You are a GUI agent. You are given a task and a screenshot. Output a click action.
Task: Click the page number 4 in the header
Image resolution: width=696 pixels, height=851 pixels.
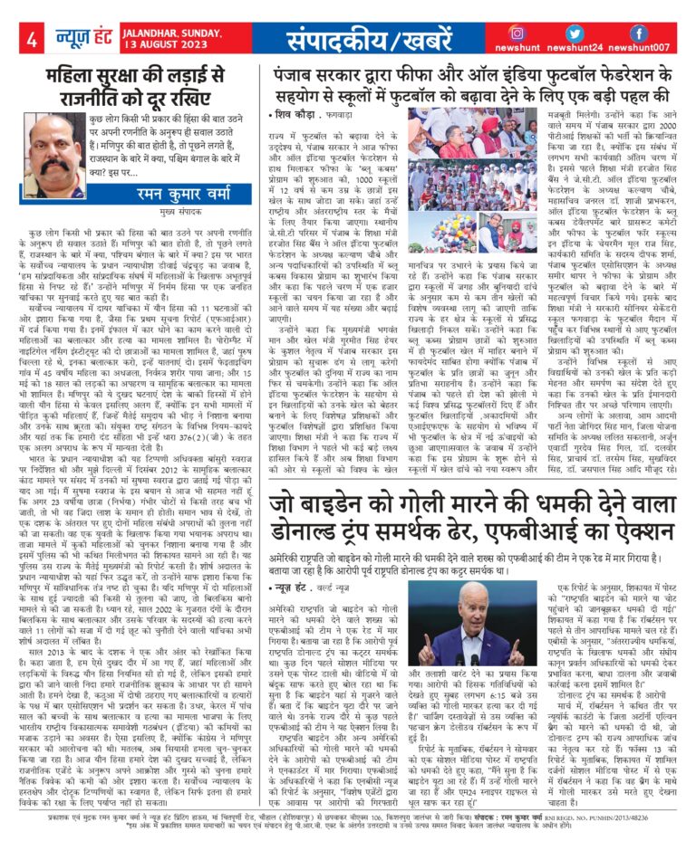[x=33, y=40]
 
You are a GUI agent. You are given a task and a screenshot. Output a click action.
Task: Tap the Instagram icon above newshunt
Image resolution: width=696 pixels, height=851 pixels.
[x=517, y=33]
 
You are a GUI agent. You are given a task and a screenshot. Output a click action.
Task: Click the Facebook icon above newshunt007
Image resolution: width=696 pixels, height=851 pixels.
[x=638, y=33]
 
